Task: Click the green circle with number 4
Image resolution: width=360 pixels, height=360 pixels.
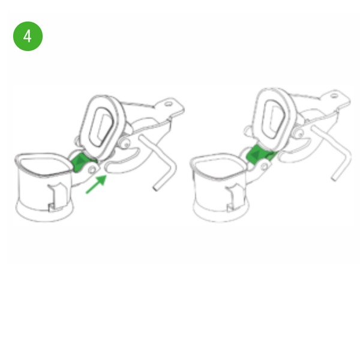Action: pos(28,36)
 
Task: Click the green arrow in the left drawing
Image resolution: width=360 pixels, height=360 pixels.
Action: pos(97,184)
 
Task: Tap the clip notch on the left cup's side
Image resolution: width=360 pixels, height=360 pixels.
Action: pos(56,197)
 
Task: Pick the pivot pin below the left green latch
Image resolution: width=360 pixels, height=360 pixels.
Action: pos(92,170)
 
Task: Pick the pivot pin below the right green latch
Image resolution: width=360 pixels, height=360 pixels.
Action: pos(265,166)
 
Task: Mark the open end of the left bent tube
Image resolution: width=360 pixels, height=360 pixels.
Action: pos(155,188)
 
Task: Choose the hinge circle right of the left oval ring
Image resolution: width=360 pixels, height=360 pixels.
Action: pos(126,145)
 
